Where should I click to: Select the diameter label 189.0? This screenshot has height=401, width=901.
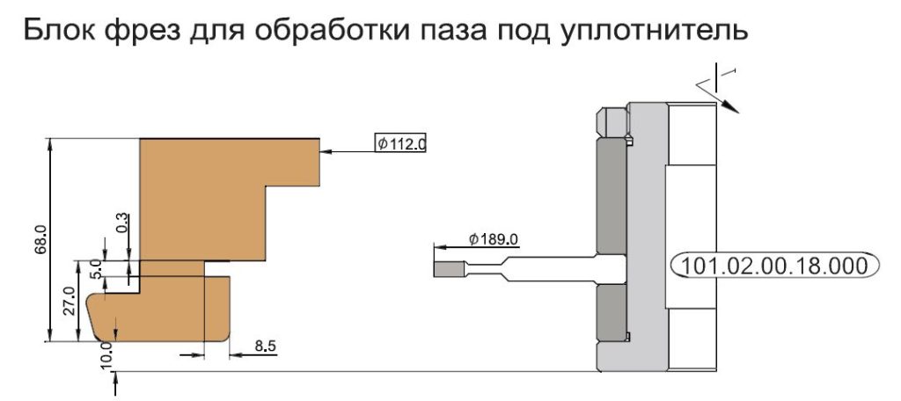[494, 239]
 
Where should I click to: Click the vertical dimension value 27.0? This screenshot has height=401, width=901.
[70, 301]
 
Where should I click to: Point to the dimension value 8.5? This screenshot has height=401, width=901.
[265, 346]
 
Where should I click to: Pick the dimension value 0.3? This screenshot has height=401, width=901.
[122, 223]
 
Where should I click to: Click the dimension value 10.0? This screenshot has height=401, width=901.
[107, 354]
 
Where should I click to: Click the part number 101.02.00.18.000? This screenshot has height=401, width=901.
[774, 266]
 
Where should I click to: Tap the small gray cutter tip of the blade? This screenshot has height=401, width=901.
[449, 269]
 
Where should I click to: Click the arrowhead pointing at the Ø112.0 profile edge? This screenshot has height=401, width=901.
[327, 151]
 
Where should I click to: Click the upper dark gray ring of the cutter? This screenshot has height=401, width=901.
[611, 196]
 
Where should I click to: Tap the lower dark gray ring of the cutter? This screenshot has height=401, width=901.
[611, 312]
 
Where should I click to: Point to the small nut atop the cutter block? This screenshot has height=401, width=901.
[612, 121]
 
